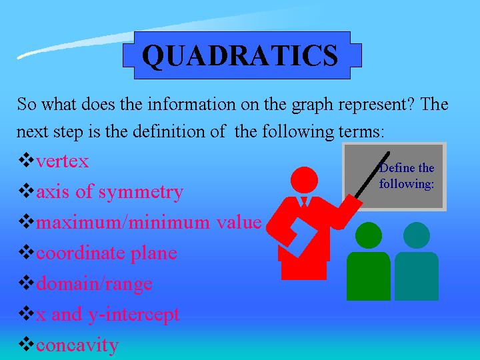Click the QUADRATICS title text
240,55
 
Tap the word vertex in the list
63,161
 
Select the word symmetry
141,193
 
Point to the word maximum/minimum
124,222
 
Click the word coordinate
81,253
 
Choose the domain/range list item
94,285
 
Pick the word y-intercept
133,315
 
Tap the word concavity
77,346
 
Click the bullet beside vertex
26,160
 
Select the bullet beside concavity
26,344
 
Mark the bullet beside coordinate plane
26,252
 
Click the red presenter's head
304,180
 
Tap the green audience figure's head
369,235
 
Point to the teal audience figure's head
417,235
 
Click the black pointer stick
372,175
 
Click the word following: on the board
407,184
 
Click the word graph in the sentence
312,105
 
